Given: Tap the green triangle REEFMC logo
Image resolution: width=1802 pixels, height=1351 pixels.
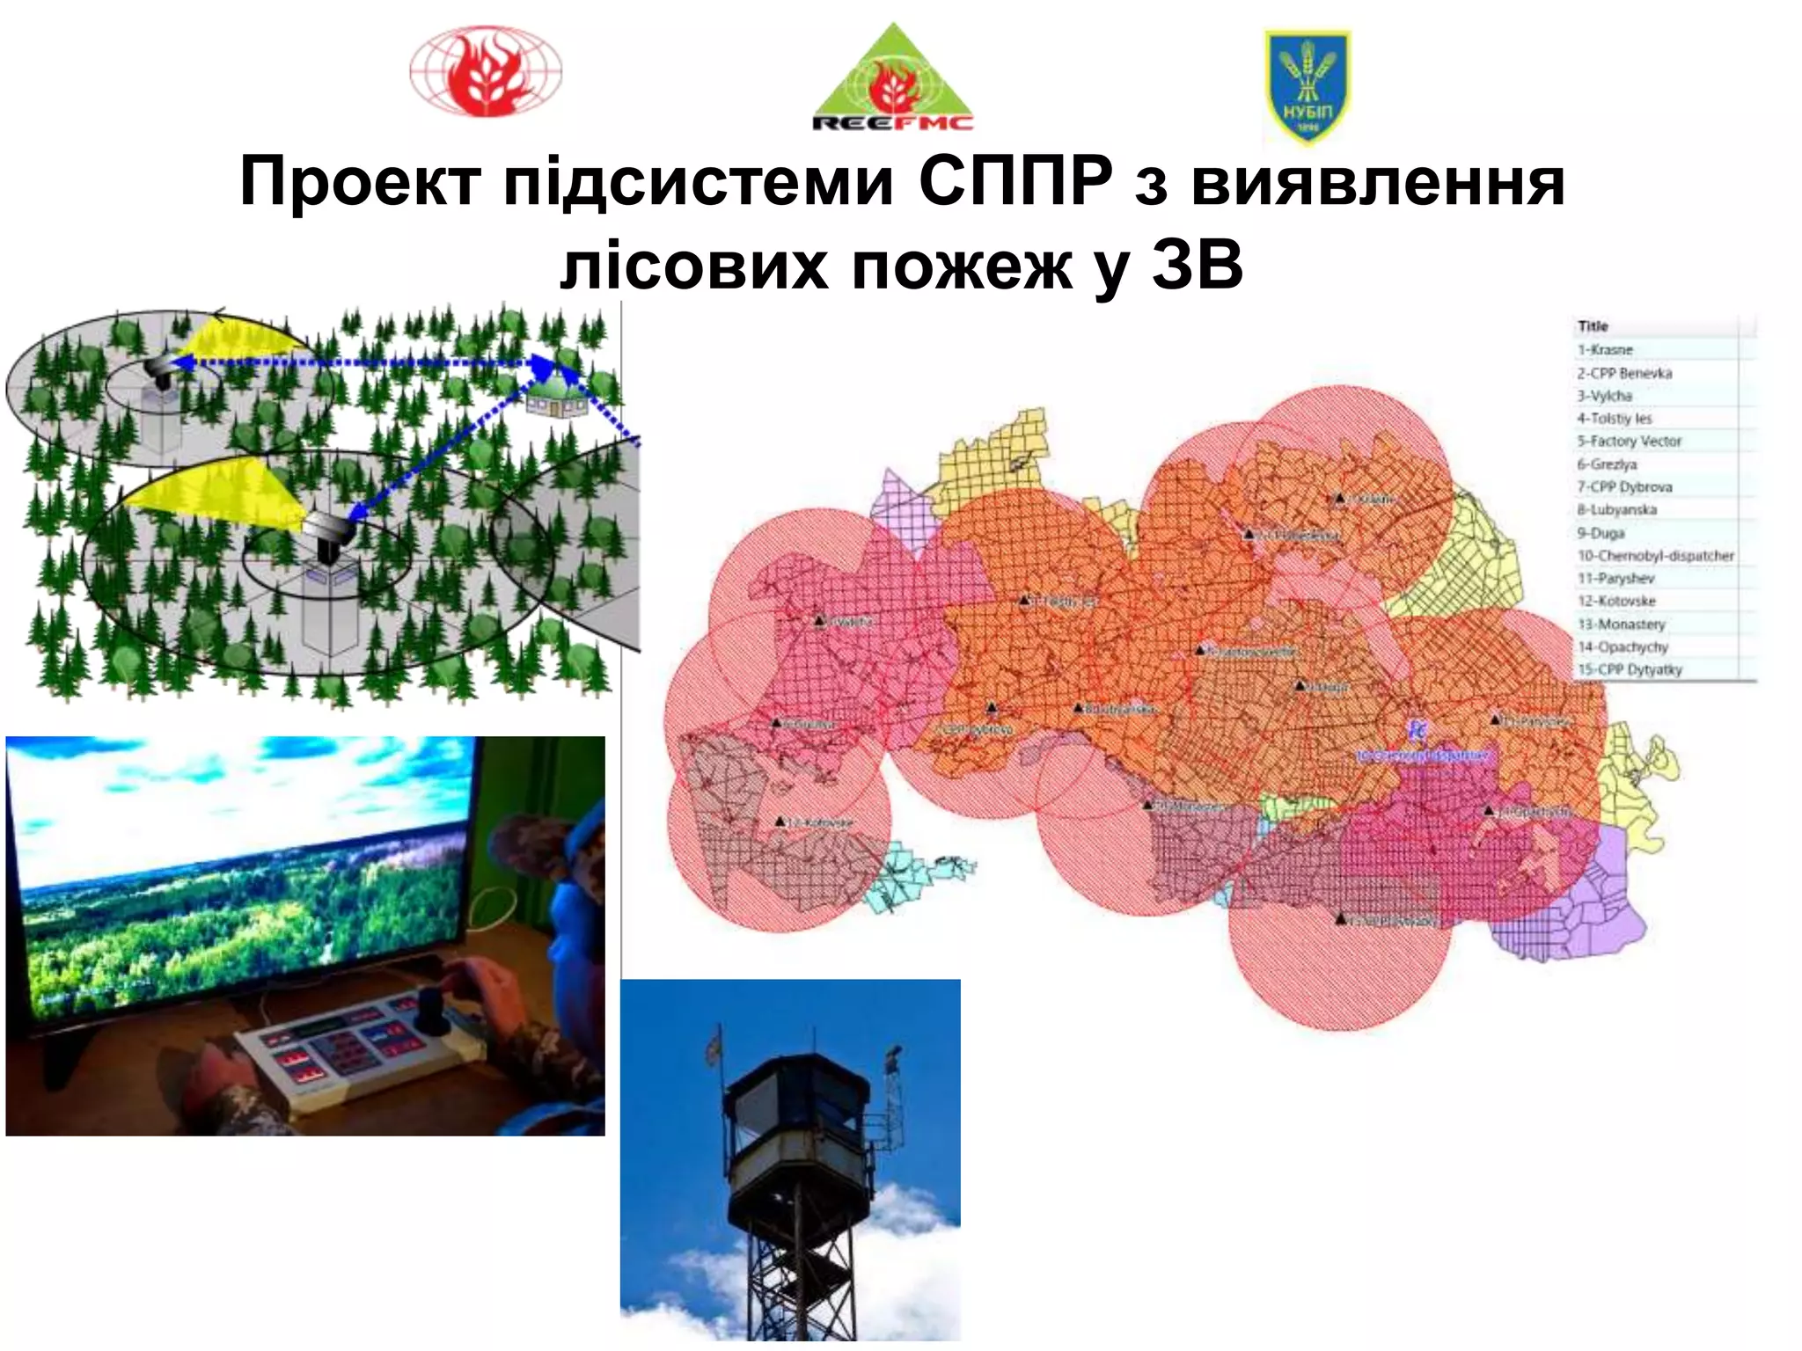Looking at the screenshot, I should click(893, 81).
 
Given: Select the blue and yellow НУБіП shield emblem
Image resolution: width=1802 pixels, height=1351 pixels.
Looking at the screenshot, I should click(1307, 87).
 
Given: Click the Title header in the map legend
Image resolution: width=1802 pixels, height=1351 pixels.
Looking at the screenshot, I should click(1593, 326).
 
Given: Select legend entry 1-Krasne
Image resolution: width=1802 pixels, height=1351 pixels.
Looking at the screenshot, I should click(1605, 350).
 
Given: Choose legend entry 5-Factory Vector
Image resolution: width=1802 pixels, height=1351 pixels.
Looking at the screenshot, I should click(1629, 442).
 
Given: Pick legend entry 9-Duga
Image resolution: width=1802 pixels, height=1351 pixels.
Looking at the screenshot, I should click(1601, 533).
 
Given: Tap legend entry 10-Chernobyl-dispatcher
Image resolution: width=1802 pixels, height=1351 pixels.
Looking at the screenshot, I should click(1655, 556).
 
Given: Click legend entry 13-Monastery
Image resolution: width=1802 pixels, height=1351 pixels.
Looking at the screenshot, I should click(1621, 624).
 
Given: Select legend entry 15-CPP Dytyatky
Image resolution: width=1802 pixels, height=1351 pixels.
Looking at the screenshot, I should click(1630, 670).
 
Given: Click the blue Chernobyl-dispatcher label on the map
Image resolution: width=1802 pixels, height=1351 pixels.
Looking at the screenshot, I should click(1421, 756).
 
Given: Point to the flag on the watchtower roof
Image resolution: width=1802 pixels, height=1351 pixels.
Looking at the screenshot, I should click(714, 1047).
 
